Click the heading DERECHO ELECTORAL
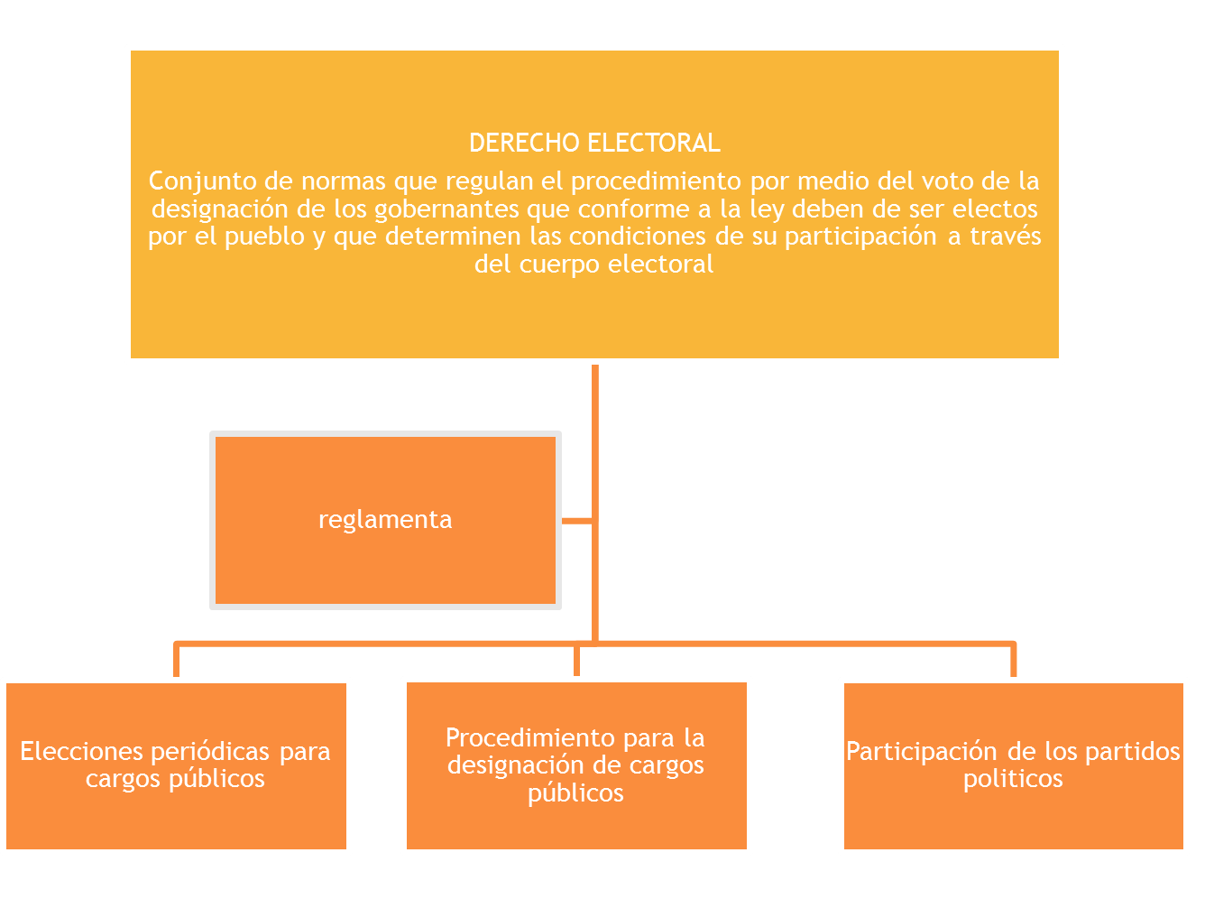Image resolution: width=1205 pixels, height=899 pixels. point(594,143)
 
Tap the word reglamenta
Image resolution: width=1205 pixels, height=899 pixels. point(385,520)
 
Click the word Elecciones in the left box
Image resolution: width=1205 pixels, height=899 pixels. point(82,751)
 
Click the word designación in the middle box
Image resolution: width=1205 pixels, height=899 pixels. point(511,765)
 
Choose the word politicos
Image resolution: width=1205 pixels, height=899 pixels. point(1013,779)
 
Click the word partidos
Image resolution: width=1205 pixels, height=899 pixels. point(1132,751)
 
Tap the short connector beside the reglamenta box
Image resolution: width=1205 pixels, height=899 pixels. point(576,521)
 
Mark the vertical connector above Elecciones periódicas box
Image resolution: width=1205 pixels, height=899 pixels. point(177,661)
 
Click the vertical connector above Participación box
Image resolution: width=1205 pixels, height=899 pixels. point(1014,661)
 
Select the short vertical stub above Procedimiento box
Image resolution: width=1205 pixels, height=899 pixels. point(576,662)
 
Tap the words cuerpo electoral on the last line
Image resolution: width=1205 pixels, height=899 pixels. point(616,264)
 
